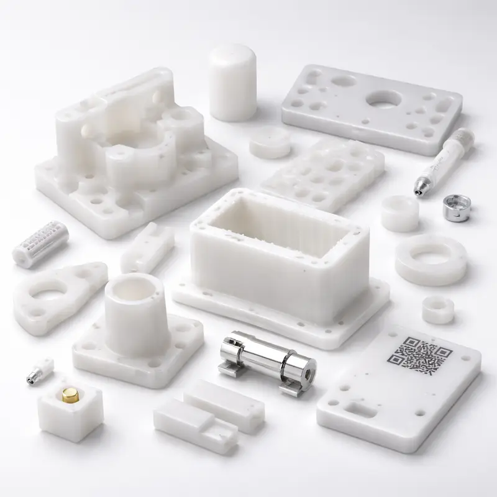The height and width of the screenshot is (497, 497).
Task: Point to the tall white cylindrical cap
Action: click(232, 82)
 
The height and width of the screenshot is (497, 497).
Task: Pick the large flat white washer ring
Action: click(431, 260)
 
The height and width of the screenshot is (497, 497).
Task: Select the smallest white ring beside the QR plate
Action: click(437, 309)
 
